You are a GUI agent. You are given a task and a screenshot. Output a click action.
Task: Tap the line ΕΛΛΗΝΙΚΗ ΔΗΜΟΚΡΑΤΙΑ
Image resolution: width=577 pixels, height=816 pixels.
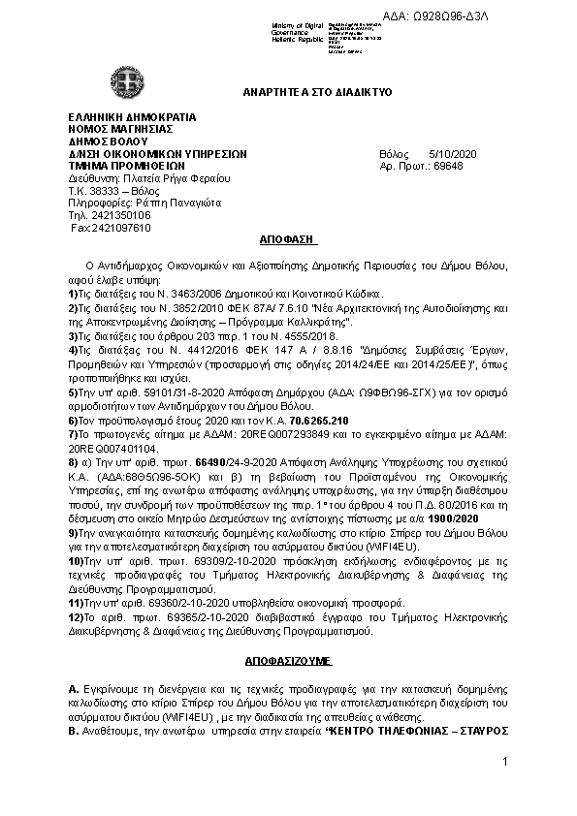point(132,118)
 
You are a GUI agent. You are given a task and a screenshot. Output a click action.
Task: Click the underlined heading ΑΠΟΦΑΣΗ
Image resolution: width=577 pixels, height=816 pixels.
point(288,238)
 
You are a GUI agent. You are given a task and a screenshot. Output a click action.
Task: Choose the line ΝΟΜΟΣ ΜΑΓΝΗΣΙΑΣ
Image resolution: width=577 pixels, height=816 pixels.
point(120,130)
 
